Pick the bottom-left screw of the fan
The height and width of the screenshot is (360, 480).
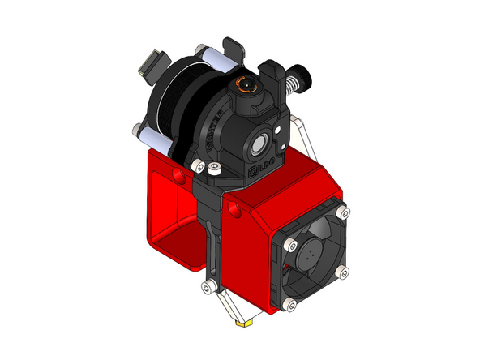pyautogui.click(x=286, y=303)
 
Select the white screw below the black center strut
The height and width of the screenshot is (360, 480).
pyautogui.click(x=211, y=286)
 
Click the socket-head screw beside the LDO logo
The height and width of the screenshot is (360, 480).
pyautogui.click(x=214, y=169)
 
